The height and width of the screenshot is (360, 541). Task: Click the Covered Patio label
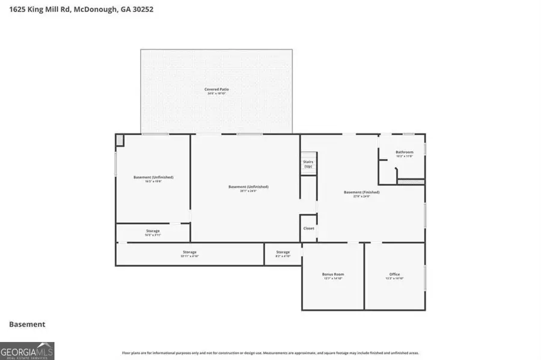(x=217, y=90)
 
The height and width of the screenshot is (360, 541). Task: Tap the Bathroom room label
(x=404, y=153)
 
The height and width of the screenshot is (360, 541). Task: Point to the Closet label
(x=308, y=228)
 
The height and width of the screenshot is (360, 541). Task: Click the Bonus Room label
(x=333, y=275)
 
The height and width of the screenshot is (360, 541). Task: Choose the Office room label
(x=394, y=275)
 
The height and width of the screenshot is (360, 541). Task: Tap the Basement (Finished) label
(x=361, y=193)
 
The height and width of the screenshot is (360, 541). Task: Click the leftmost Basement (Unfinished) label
(x=153, y=177)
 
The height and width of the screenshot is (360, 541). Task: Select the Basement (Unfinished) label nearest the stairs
(x=248, y=187)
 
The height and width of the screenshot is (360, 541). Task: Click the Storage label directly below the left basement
(x=152, y=231)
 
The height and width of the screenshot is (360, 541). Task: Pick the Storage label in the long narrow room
(x=189, y=252)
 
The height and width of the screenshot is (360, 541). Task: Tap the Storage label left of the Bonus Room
(x=283, y=252)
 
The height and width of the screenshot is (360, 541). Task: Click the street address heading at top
(x=77, y=10)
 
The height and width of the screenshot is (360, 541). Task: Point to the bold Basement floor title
(x=27, y=324)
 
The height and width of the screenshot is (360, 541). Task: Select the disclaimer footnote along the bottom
(x=270, y=353)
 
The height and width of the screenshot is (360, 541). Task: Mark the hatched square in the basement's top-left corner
(x=120, y=140)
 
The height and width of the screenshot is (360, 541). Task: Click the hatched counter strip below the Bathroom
(x=411, y=181)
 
